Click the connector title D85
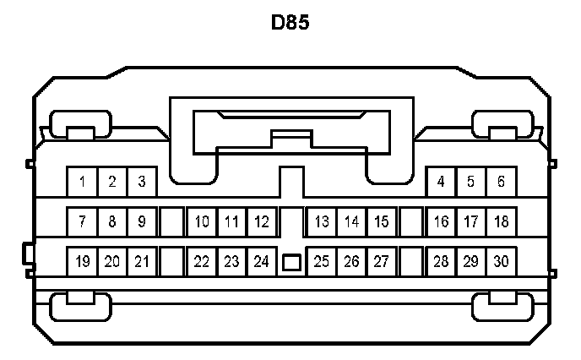pos(290,22)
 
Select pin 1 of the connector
pos(82,182)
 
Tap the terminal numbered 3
pos(142,182)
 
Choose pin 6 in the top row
pos(501,182)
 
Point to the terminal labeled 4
pos(441,182)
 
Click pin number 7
pos(82,222)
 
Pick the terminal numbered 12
pos(262,222)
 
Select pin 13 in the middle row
pos(322,222)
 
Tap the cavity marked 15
pos(382,222)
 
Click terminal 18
pos(501,222)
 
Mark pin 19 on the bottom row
pos(82,261)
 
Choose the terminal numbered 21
pos(142,261)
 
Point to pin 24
pos(262,261)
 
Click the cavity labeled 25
pos(322,261)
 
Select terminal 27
pos(382,261)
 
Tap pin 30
pos(501,261)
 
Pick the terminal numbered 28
pos(441,261)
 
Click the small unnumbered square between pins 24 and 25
pos(291,263)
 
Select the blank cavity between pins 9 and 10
pos(171,222)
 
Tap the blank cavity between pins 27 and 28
pos(411,261)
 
